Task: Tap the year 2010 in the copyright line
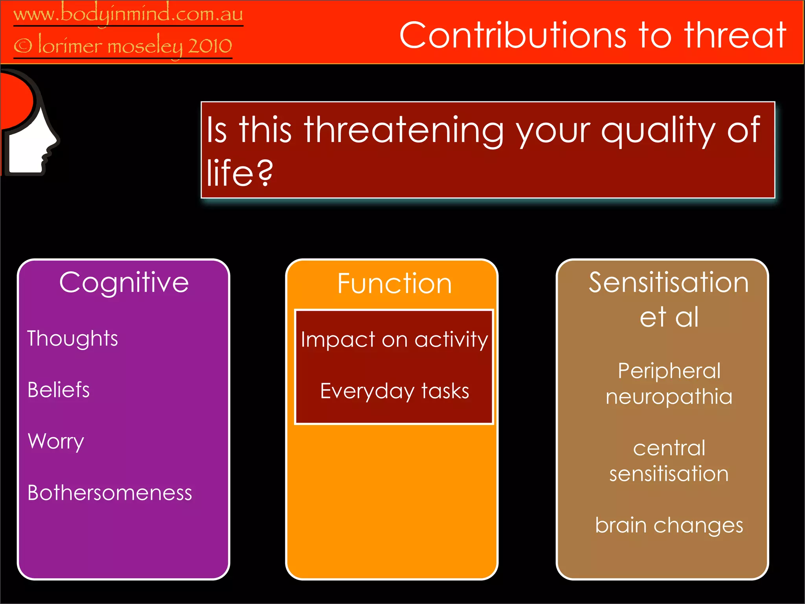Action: (x=210, y=46)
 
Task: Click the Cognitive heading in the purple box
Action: (x=124, y=283)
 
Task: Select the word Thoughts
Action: (x=73, y=339)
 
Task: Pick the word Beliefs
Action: (x=59, y=390)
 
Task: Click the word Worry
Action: (x=56, y=441)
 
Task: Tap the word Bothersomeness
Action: (x=110, y=493)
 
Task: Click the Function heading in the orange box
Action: (x=394, y=284)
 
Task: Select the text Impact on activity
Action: (x=394, y=339)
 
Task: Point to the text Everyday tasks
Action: (x=394, y=391)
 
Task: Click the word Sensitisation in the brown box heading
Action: (x=669, y=283)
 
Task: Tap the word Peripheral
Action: (x=669, y=371)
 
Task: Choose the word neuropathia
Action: (x=669, y=396)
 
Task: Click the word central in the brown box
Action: (x=669, y=448)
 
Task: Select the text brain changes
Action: (x=669, y=525)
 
